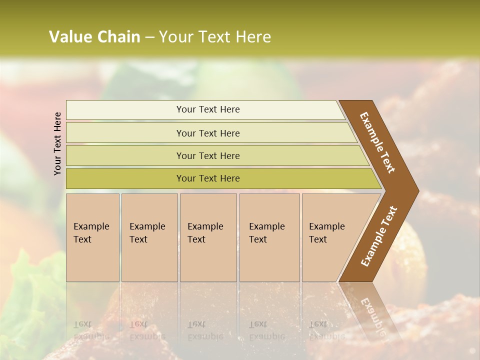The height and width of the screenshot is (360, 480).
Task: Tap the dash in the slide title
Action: (149, 37)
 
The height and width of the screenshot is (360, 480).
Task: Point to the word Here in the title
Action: (253, 37)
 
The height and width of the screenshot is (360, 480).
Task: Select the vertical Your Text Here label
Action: (57, 143)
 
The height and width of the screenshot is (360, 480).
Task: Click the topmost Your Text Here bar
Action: (208, 109)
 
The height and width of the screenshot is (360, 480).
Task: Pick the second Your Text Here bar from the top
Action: (208, 133)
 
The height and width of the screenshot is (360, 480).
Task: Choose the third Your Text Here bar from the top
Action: (208, 155)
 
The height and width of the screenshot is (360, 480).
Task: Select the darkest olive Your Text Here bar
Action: (208, 178)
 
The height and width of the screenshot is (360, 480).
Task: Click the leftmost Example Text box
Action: (92, 237)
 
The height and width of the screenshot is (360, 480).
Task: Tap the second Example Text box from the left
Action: (149, 237)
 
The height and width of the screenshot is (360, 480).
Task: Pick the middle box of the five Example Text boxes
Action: (208, 237)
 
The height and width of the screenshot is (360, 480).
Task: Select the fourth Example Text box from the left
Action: (269, 237)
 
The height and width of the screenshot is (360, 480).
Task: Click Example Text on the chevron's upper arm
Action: (378, 142)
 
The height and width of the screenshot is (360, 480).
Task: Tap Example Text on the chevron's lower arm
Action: (379, 236)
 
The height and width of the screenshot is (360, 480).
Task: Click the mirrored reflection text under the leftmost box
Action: (91, 330)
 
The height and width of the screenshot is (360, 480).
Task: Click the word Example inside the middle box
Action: (205, 226)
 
